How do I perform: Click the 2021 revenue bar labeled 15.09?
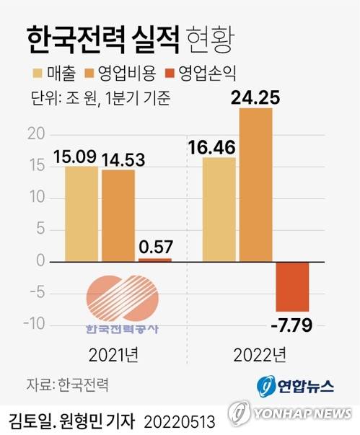(81, 214)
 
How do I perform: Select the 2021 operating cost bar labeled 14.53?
(118, 215)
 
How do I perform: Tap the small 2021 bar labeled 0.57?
(155, 259)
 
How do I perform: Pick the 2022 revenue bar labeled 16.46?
(219, 209)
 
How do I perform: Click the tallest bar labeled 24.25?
(255, 185)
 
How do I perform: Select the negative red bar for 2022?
(292, 286)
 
